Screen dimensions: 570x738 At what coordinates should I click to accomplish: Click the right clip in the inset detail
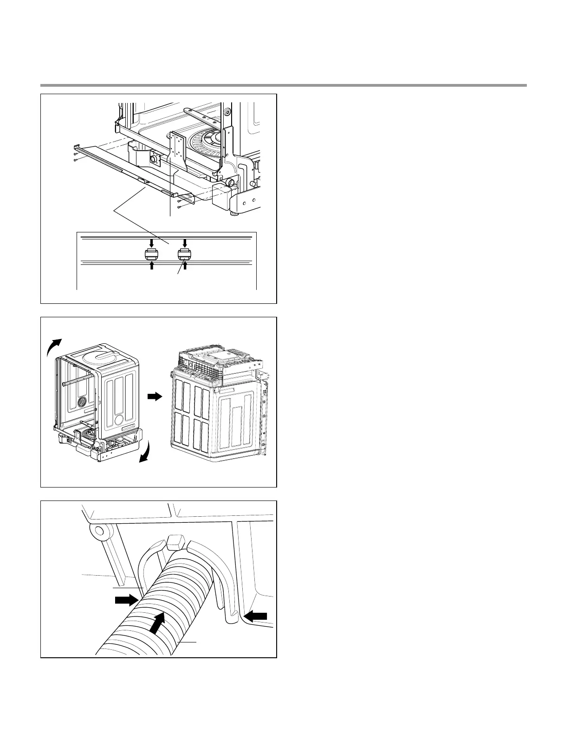(x=185, y=254)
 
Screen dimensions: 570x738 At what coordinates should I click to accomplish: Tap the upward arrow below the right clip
(x=185, y=266)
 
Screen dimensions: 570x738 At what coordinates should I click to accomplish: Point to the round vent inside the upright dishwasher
(x=82, y=401)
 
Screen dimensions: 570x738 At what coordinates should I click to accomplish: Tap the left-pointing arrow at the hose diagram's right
(x=255, y=616)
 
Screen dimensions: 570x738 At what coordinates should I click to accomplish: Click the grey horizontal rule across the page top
(x=284, y=85)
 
